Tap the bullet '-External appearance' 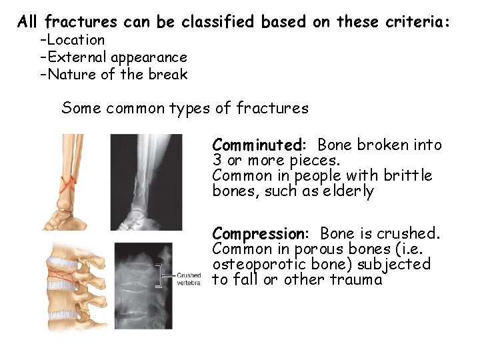(113, 57)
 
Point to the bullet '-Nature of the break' (113, 75)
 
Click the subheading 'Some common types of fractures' (185, 108)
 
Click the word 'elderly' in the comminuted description (350, 192)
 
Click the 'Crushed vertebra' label (189, 279)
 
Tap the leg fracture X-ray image (145, 181)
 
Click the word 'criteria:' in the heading (418, 22)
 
